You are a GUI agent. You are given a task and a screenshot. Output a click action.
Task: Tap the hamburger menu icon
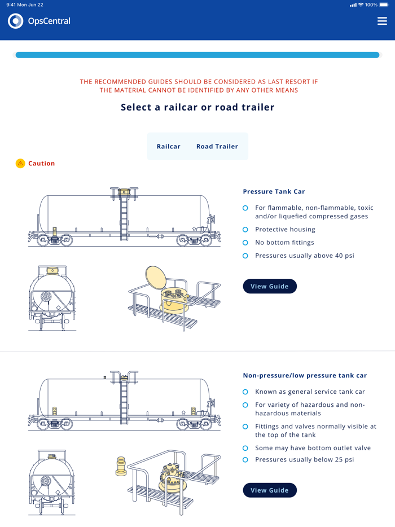point(382,21)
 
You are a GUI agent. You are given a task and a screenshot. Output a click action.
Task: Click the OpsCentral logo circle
point(16,21)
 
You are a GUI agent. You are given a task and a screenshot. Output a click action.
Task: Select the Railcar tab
point(169,146)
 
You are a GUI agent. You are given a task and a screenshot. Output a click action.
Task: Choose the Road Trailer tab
point(217,146)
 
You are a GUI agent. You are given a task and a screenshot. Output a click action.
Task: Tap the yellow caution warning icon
point(20,163)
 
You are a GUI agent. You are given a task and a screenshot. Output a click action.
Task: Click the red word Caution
point(42,163)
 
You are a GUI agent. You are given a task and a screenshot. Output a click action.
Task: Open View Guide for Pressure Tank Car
point(270,286)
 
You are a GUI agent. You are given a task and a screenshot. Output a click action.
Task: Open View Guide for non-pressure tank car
point(270,490)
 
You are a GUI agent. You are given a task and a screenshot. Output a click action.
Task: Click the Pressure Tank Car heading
point(274,191)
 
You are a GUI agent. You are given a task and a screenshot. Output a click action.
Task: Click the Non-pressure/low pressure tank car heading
point(305,375)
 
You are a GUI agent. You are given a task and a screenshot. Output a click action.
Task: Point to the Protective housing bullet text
point(285,230)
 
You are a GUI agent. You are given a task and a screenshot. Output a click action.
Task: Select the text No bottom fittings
point(284,243)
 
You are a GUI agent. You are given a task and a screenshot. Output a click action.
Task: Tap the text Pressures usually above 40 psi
point(305,256)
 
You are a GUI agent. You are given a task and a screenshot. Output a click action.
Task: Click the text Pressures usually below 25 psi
point(305,459)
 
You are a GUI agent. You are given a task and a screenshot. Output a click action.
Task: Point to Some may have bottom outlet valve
point(313,448)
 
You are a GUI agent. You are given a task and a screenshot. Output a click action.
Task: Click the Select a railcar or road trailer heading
point(197,107)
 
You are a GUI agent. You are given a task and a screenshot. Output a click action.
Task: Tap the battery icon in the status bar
point(384,5)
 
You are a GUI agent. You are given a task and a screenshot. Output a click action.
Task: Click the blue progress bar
point(197,55)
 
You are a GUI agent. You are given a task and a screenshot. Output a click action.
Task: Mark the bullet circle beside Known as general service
point(245,392)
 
